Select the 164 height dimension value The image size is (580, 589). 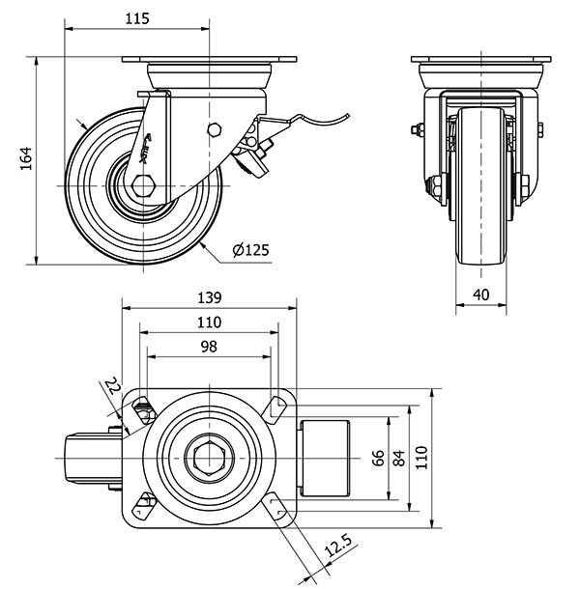coord(26,158)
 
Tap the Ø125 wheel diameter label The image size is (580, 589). coord(250,251)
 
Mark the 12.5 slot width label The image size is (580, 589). coord(336,549)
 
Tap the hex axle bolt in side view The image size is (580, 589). coord(144,183)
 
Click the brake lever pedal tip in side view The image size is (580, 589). coord(344,120)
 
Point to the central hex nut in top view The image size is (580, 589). coord(210,456)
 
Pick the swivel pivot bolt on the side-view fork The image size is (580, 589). coord(215,130)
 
